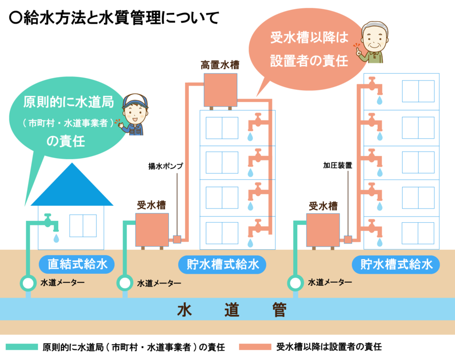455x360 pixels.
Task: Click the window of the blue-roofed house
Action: click(x=83, y=225)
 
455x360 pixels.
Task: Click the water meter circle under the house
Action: click(x=28, y=283)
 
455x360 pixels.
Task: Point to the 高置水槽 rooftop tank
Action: click(x=220, y=90)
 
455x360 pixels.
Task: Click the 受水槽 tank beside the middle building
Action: click(x=152, y=229)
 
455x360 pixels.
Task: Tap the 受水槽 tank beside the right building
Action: click(x=323, y=230)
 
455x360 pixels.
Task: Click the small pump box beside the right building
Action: click(x=348, y=240)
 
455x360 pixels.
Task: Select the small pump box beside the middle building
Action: click(x=177, y=240)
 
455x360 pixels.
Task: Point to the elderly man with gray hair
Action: click(x=374, y=42)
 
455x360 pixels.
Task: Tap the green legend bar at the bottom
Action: click(x=22, y=347)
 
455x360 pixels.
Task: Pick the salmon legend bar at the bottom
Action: click(x=255, y=347)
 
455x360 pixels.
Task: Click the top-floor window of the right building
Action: click(x=418, y=91)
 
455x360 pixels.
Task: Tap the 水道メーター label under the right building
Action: click(x=330, y=282)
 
